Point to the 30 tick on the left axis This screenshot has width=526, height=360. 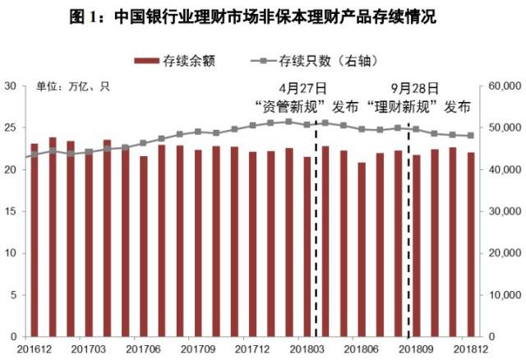pyautogui.click(x=11, y=85)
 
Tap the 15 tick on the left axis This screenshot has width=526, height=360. pyautogui.click(x=11, y=211)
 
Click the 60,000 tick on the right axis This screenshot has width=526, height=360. pyautogui.click(x=505, y=85)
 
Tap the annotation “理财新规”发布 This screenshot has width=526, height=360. pyautogui.click(x=419, y=107)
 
